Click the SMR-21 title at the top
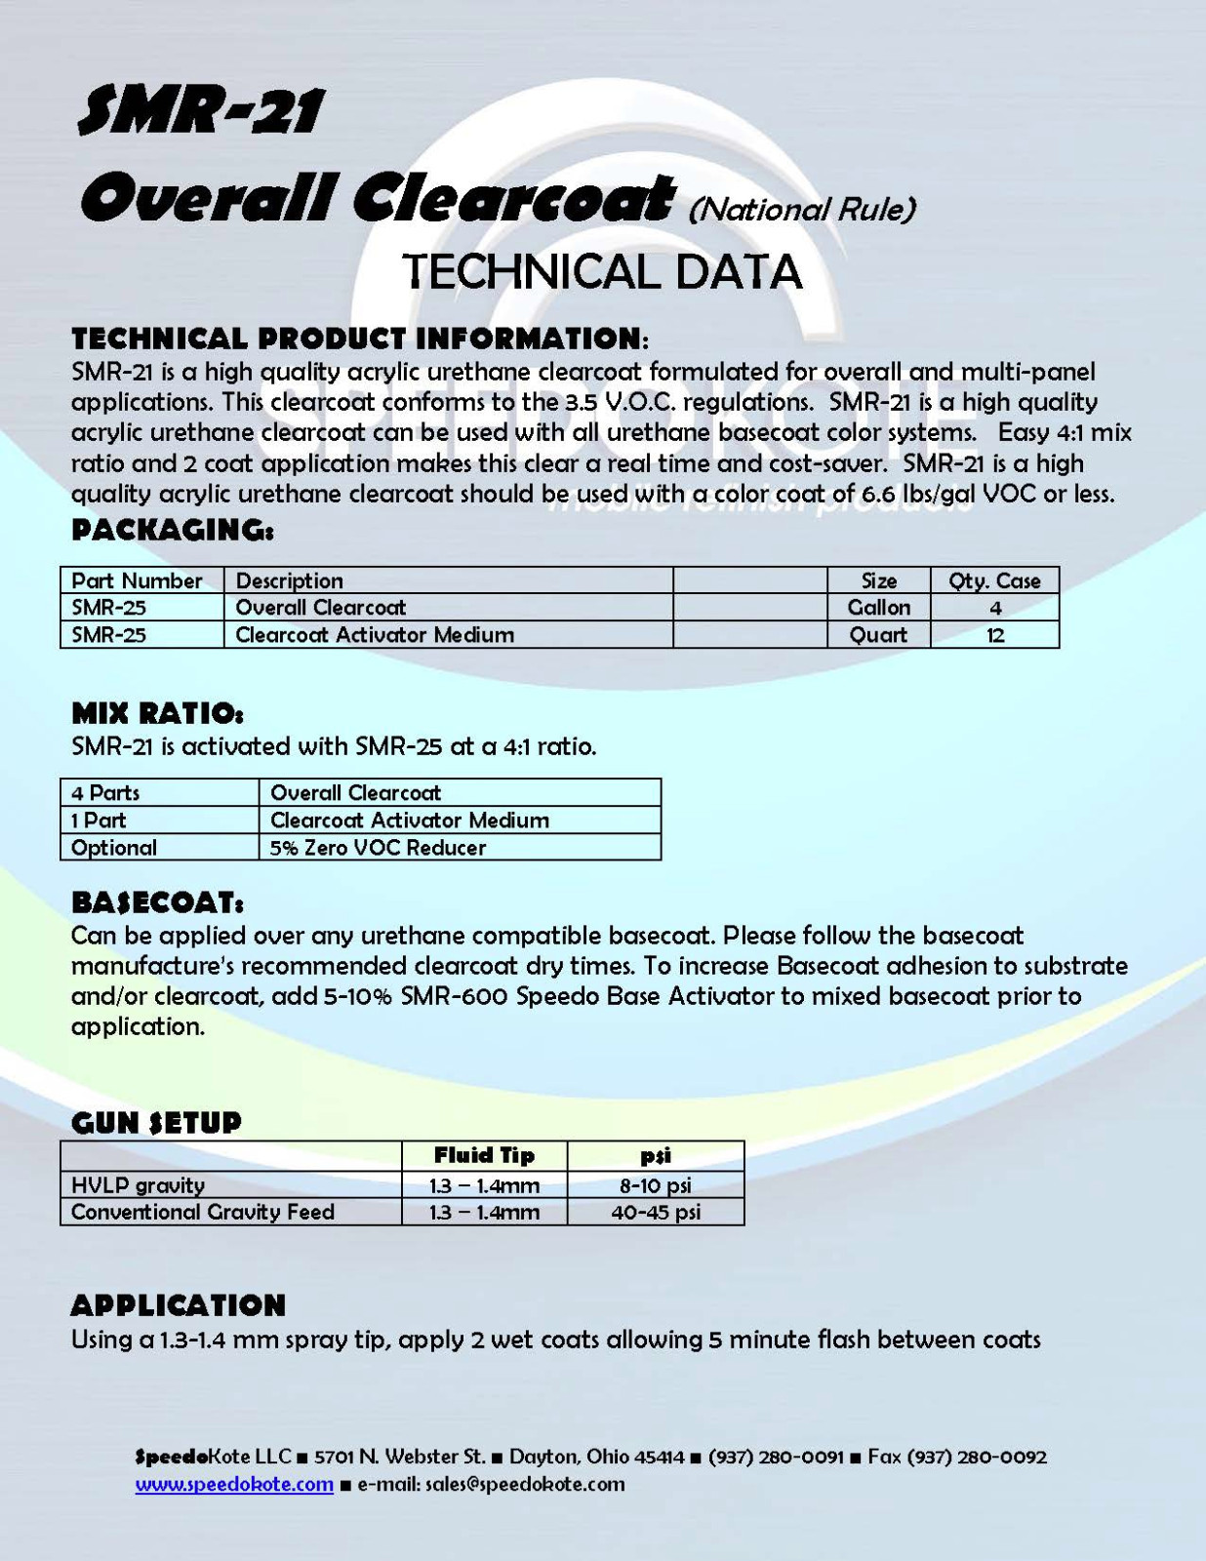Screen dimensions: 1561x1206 coord(200,110)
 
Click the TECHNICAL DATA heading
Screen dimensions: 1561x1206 coord(602,271)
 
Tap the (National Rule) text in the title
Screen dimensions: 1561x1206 coord(802,209)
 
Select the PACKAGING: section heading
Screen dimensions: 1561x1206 coord(173,531)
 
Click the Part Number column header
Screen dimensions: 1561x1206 coord(137,580)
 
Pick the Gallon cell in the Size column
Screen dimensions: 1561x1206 coord(878,607)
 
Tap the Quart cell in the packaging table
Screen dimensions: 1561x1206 coord(878,634)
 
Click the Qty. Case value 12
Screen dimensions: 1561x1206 coord(995,634)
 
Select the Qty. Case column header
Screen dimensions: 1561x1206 coord(994,580)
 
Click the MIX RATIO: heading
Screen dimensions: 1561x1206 coord(157,713)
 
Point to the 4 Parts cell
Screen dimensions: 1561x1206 coord(105,792)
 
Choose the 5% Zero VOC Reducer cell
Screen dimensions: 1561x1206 coord(378,847)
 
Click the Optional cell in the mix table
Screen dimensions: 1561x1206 coord(114,847)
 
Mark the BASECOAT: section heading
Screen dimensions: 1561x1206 coord(157,902)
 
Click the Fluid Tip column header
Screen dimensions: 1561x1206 coord(484,1155)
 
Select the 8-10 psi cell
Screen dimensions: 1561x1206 coord(656,1185)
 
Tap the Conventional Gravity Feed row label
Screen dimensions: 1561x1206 coord(203,1212)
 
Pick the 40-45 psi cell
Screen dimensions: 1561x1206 coord(656,1212)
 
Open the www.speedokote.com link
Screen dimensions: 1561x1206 coord(234,1484)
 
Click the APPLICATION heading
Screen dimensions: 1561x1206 coord(179,1305)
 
